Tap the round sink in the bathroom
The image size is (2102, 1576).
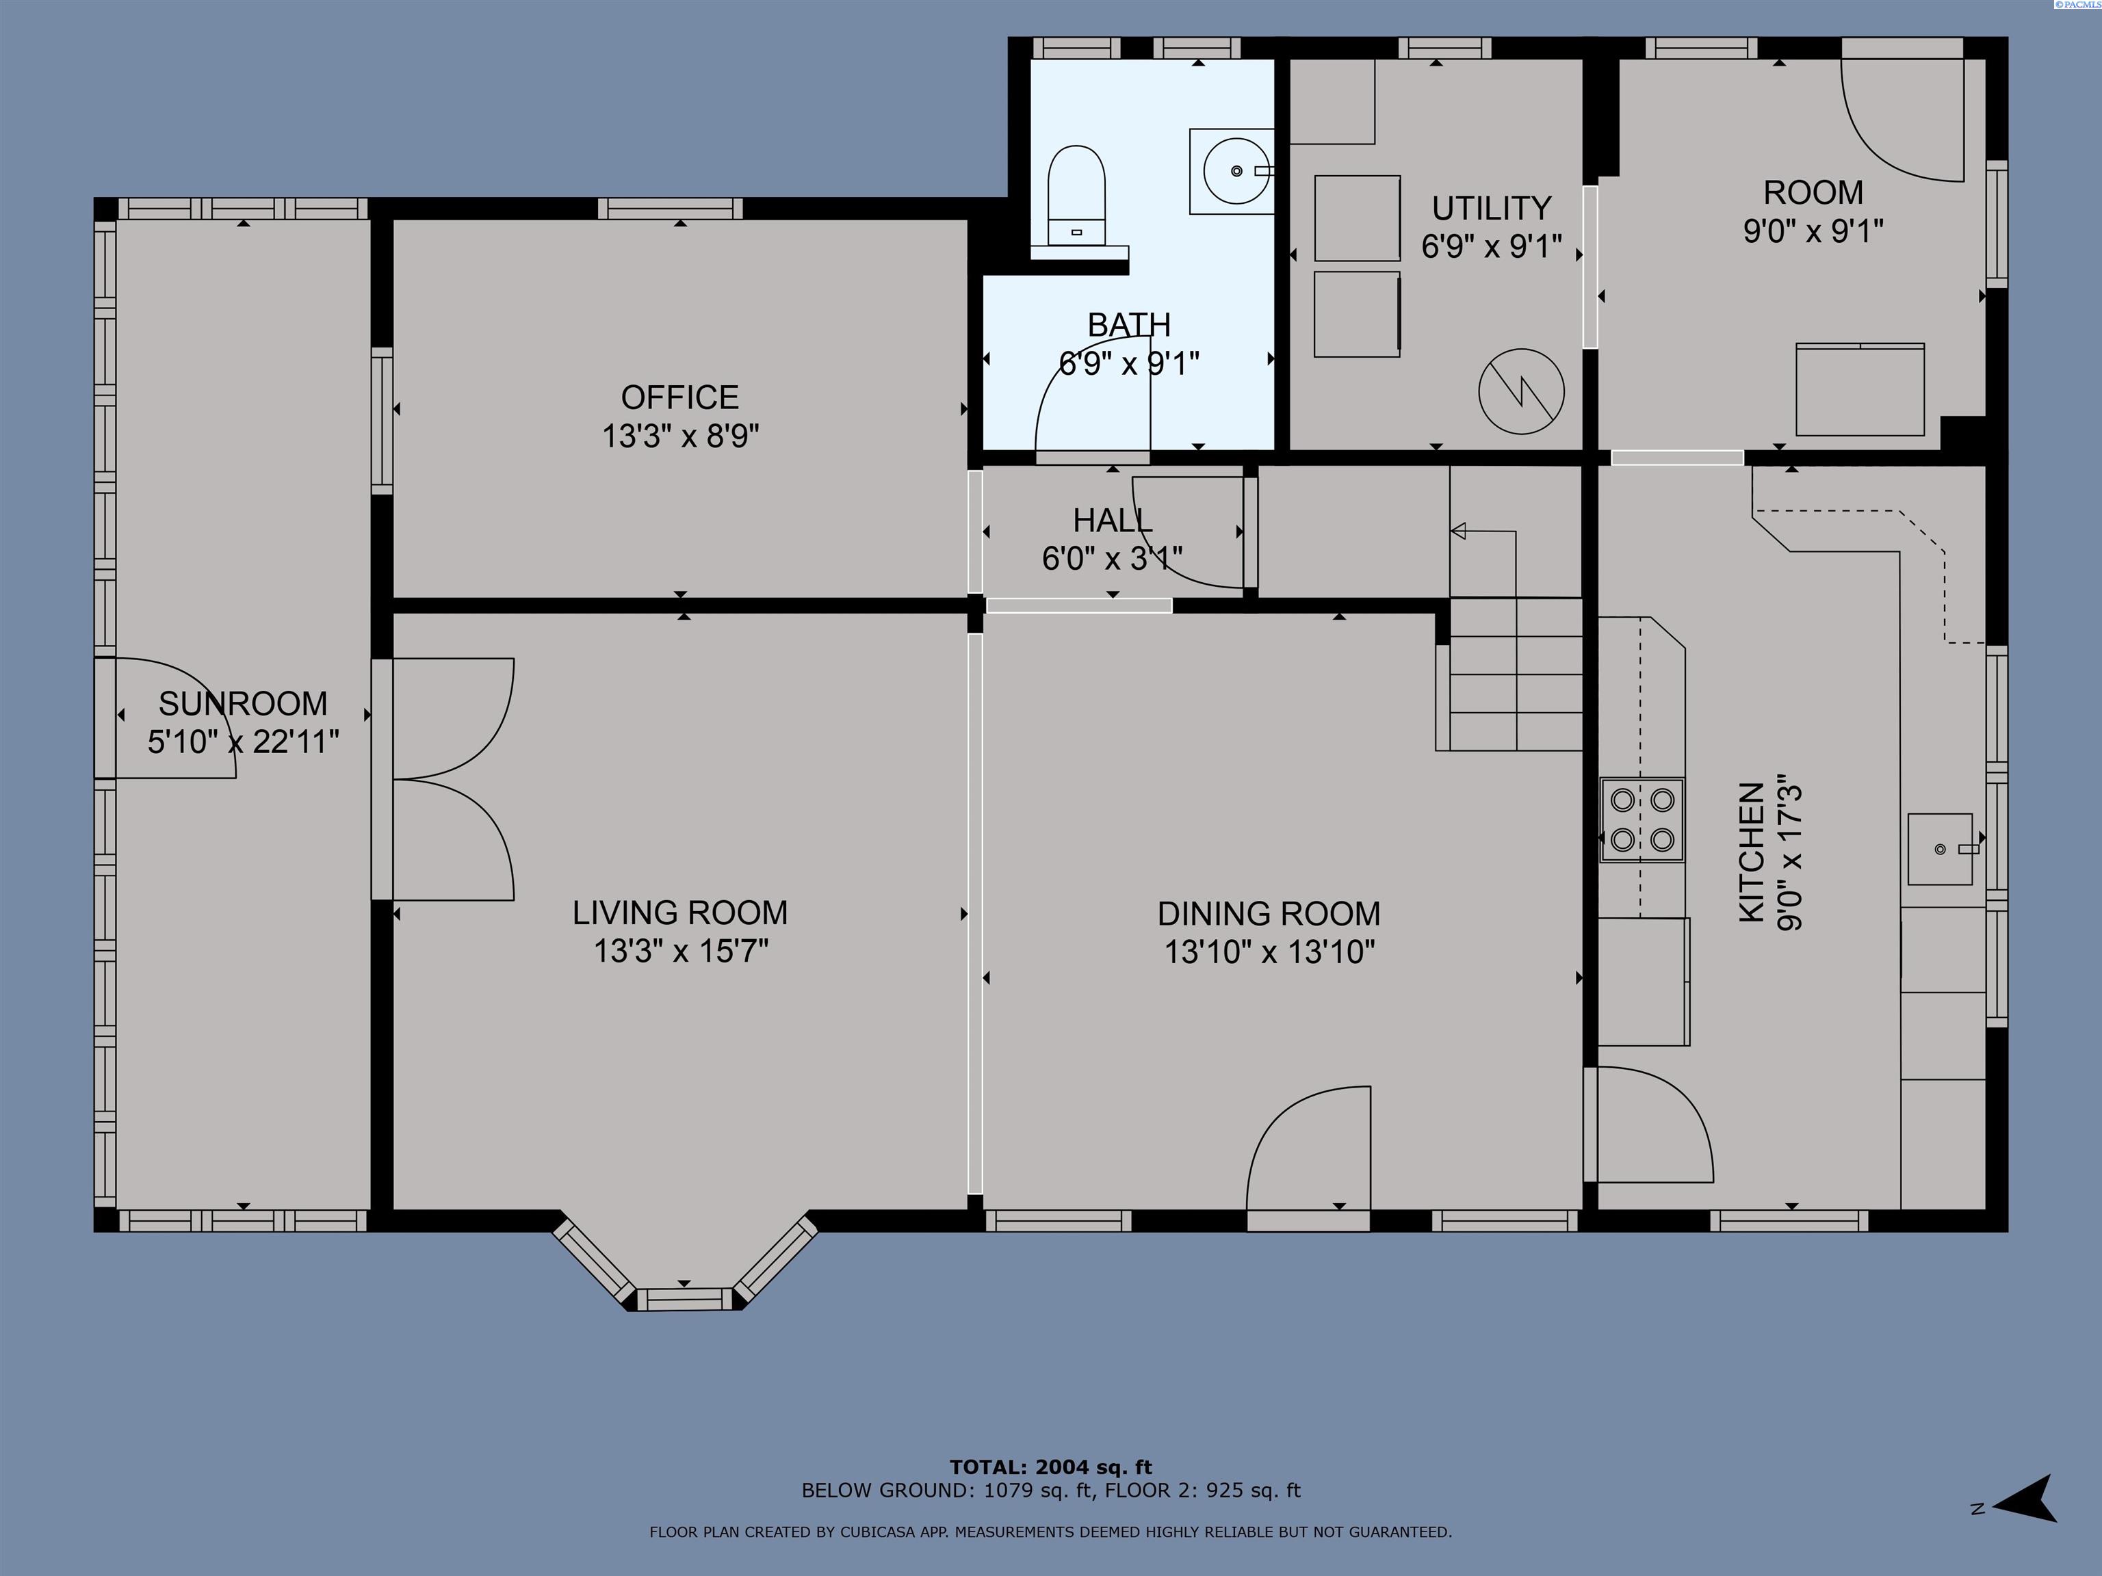pos(1235,171)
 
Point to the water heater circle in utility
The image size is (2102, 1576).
pos(1521,391)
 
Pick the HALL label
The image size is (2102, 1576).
pos(1112,521)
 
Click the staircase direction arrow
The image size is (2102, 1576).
pos(1459,531)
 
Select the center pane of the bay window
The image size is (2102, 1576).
pos(684,1298)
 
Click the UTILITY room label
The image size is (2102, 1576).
pos(1491,208)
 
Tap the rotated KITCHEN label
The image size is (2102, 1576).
pos(1752,852)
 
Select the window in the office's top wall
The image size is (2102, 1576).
pos(670,208)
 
